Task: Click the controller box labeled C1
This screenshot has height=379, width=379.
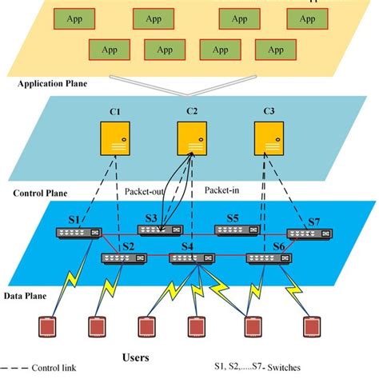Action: point(116,138)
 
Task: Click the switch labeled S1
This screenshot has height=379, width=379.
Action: point(77,233)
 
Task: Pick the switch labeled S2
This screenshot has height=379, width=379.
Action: point(122,258)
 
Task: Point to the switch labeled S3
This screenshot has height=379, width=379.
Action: point(159,230)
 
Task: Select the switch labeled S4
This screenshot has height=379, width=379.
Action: point(192,258)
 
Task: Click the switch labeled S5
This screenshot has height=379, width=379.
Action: point(237,230)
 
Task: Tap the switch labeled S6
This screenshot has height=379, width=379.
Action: point(267,258)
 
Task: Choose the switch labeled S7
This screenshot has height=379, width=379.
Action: point(307,233)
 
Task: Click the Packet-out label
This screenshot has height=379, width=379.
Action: point(144,192)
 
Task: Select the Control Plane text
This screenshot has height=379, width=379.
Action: point(40,193)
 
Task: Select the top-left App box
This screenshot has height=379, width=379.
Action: point(75,18)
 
